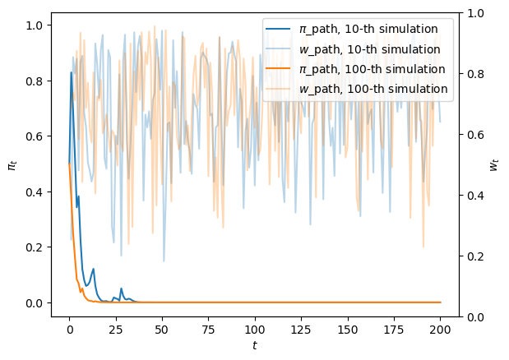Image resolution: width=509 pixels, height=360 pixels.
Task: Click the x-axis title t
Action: (x=255, y=346)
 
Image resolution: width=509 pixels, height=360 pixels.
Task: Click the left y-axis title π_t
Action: (x=12, y=164)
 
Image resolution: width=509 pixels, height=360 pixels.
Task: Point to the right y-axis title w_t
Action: (x=495, y=164)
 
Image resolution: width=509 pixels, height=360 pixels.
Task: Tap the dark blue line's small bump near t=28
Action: (x=121, y=288)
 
